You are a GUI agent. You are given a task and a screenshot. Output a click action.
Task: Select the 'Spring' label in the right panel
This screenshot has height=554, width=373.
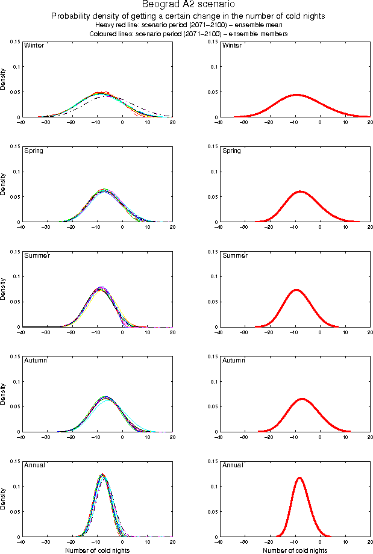(231, 151)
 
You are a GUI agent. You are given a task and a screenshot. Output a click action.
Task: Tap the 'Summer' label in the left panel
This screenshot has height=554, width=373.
(37, 255)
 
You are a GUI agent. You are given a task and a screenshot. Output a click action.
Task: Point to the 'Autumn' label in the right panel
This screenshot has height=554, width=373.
(233, 360)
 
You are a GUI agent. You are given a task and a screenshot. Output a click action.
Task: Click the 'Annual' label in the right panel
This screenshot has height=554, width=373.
(232, 465)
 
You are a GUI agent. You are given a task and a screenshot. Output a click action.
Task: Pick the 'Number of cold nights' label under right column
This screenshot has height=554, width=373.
(295, 550)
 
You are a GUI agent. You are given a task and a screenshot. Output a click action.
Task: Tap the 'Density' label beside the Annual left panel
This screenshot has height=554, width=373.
(4, 499)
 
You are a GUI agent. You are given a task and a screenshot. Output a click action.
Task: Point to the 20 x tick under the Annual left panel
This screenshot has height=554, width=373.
(173, 543)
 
